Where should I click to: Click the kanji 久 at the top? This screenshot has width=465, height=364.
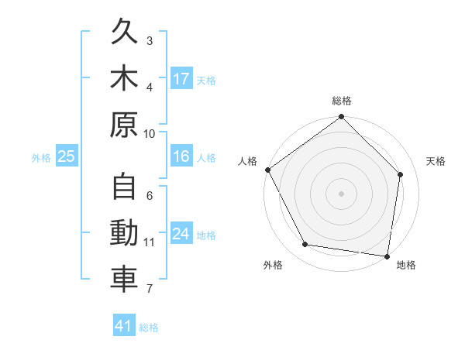point(124,33)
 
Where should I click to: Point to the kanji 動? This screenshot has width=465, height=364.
point(124,233)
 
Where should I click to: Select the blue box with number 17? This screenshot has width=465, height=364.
point(181,79)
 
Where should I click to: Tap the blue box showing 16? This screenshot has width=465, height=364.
point(181,157)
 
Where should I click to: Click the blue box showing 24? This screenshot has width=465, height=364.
point(181,234)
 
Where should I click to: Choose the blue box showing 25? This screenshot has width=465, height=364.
point(67,157)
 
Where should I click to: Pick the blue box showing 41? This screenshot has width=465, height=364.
point(124,326)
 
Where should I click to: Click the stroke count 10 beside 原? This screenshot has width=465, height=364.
point(150,133)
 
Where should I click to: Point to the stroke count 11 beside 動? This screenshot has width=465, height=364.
point(150,242)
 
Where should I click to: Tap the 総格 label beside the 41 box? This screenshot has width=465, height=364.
point(149,328)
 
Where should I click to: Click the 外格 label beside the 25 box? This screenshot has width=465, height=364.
point(41,158)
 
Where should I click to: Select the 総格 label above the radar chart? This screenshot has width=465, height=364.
point(341,101)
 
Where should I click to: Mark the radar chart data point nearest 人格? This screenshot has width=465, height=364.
point(268,170)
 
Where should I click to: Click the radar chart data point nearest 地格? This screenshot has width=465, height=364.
point(387,256)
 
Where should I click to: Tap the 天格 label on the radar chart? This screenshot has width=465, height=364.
point(436,161)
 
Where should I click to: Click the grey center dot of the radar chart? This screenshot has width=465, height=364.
point(341,193)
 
